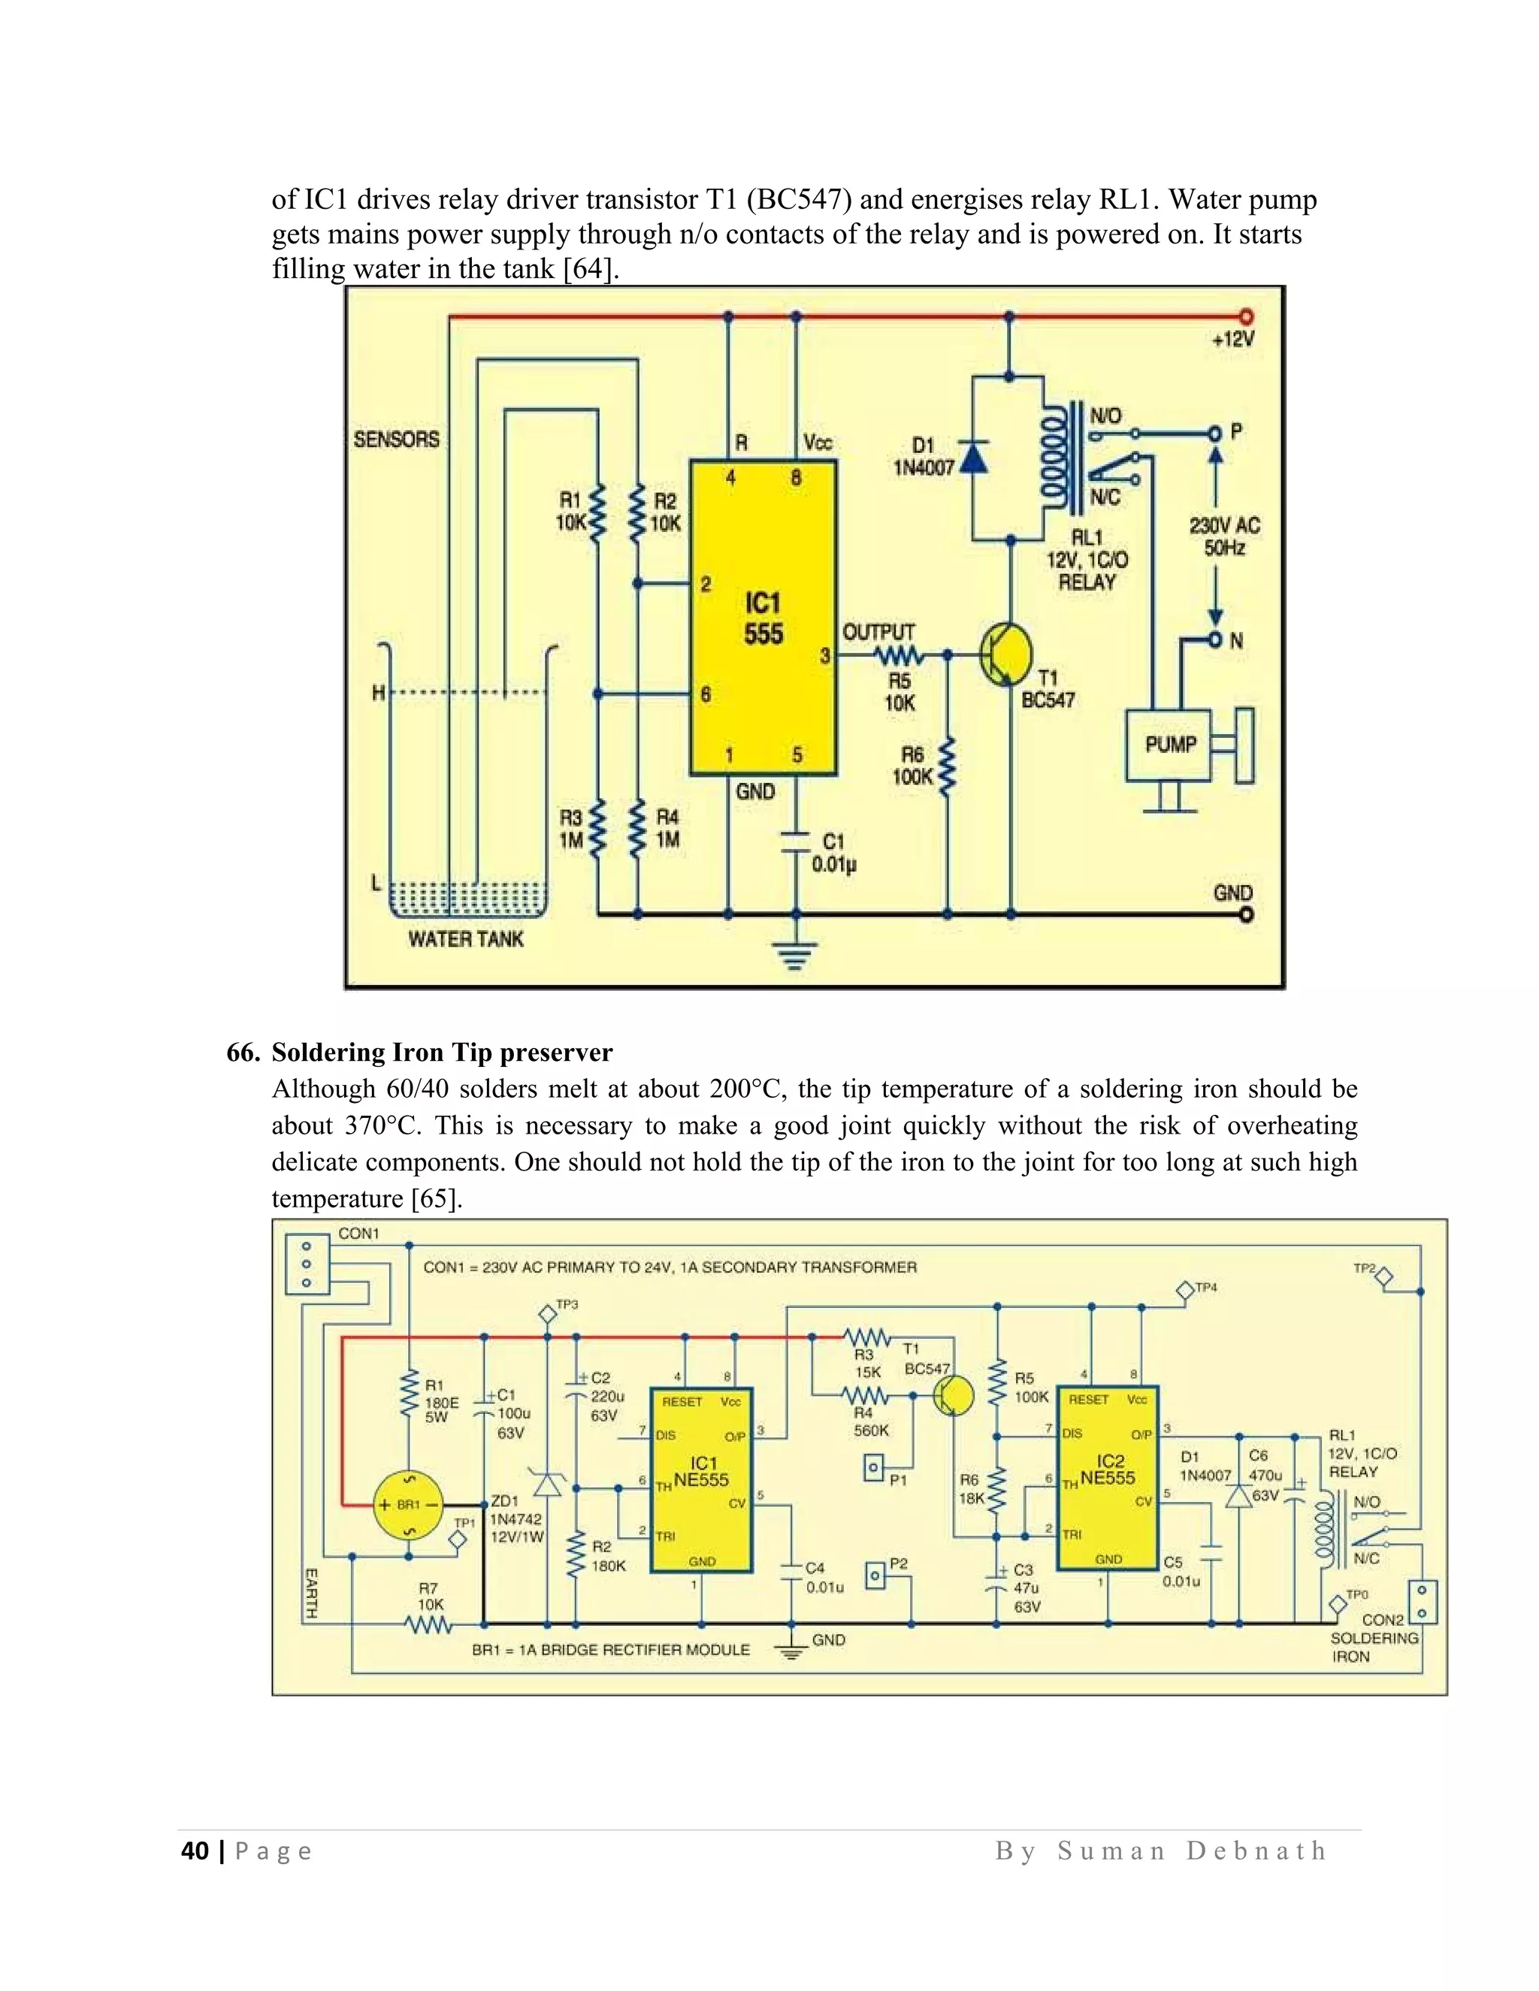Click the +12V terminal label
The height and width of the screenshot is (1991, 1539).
pyautogui.click(x=1232, y=339)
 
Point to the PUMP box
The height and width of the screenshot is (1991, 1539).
pyautogui.click(x=1171, y=745)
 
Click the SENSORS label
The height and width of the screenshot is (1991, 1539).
pyautogui.click(x=397, y=440)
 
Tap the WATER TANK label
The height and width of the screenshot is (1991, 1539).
pyautogui.click(x=466, y=939)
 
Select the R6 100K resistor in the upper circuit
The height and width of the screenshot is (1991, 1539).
pyautogui.click(x=948, y=766)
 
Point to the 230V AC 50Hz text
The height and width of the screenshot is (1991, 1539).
pyautogui.click(x=1223, y=536)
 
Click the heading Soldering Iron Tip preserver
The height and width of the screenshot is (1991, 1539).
pyautogui.click(x=441, y=1052)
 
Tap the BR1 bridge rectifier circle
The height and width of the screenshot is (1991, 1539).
pyautogui.click(x=407, y=1504)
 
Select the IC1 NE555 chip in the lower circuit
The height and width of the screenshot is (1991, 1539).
pyautogui.click(x=701, y=1481)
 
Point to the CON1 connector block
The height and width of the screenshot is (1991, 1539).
pyautogui.click(x=307, y=1264)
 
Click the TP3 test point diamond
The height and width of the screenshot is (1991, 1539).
pyautogui.click(x=547, y=1315)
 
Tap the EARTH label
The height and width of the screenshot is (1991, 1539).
pyautogui.click(x=311, y=1593)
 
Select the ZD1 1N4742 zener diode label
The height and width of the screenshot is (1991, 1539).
pyautogui.click(x=516, y=1518)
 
